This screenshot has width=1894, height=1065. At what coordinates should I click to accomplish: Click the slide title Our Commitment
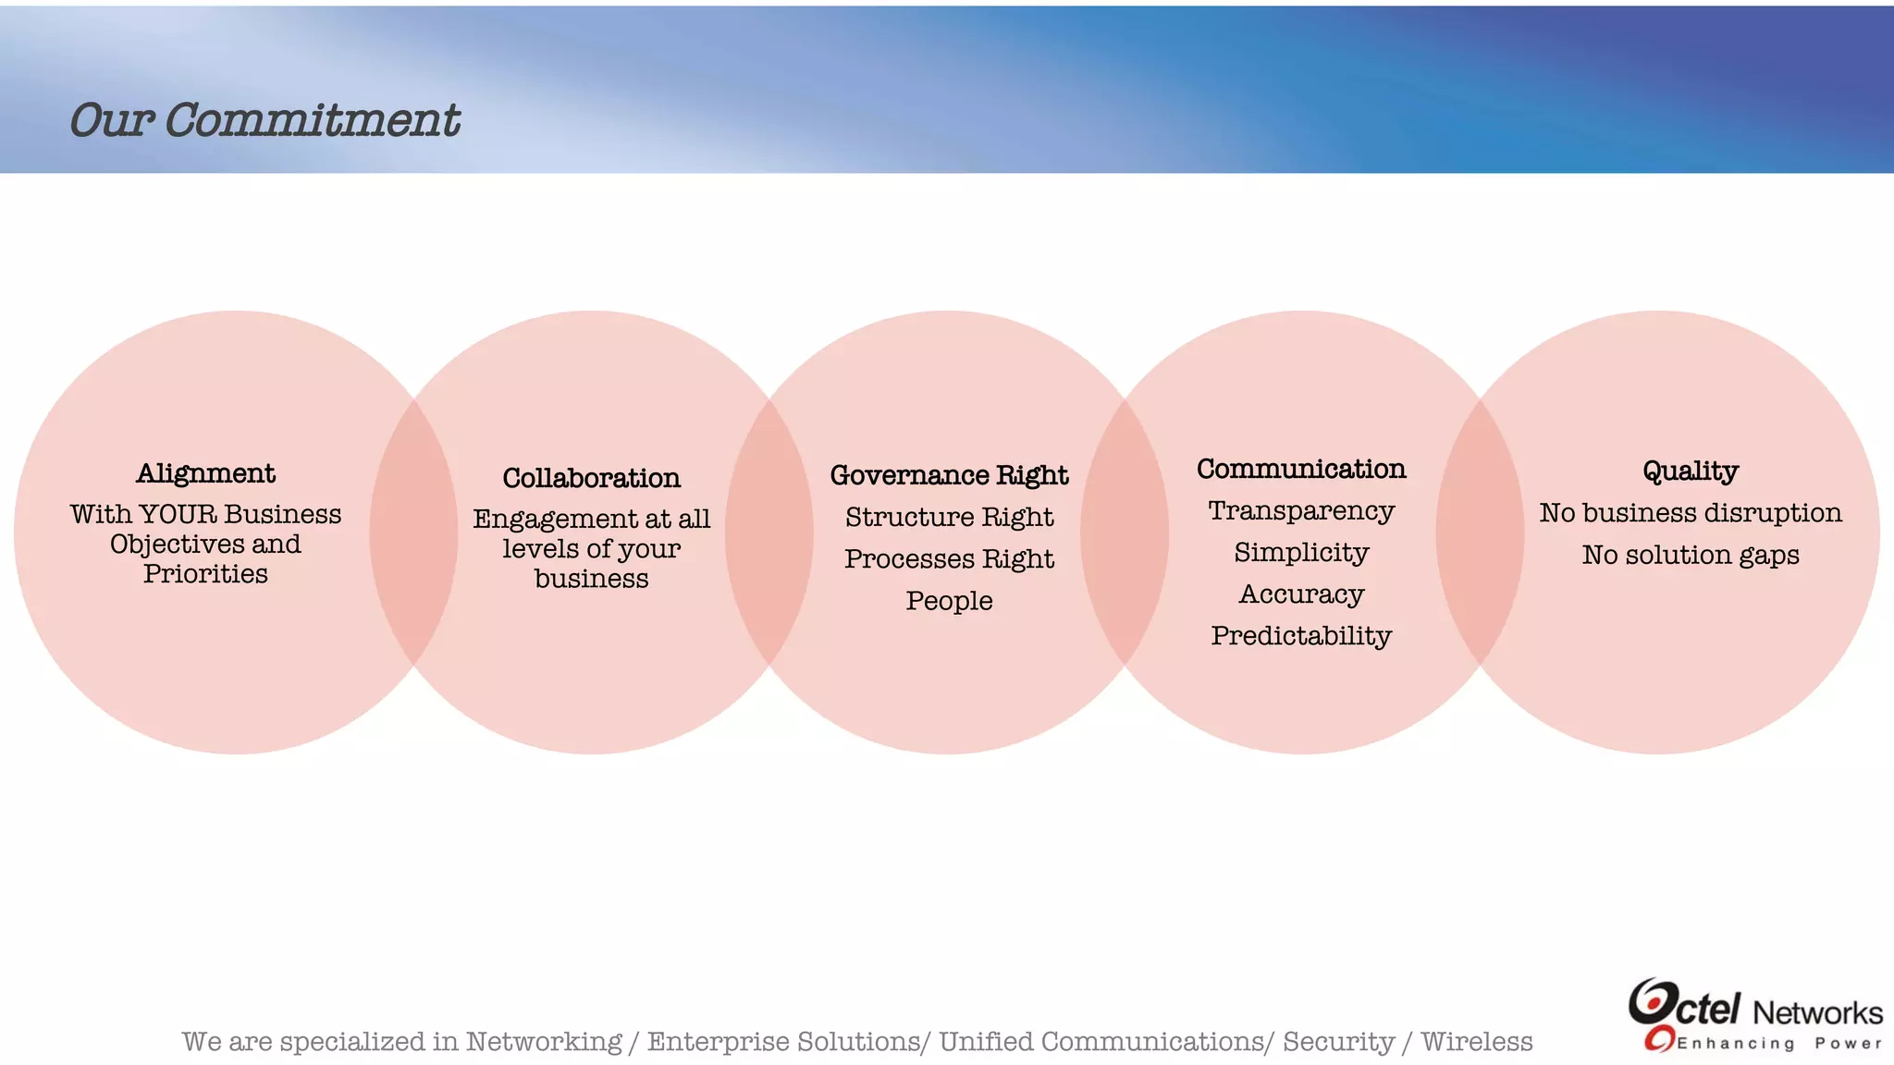coord(264,121)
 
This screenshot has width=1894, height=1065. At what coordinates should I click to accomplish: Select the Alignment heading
coord(205,473)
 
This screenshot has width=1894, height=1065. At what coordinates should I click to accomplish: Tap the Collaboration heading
coord(591,478)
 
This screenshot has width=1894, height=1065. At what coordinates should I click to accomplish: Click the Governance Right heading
coord(949,475)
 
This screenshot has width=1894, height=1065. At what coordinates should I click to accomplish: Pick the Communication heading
coord(1301,469)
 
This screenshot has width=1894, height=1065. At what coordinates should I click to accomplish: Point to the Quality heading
coord(1691,471)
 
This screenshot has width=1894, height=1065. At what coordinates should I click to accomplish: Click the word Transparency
coord(1301,510)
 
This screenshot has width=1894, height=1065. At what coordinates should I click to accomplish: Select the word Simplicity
coord(1301,553)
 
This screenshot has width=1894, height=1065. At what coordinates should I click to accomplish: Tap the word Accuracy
coord(1301,594)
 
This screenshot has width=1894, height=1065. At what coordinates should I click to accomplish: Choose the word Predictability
coord(1301,636)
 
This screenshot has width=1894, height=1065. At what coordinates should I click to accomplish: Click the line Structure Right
coord(949,517)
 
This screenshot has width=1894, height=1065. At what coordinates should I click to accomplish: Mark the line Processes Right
coord(949,559)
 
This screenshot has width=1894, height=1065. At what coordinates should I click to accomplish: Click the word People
coord(949,601)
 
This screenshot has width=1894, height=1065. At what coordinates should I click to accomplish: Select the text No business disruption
coord(1691,513)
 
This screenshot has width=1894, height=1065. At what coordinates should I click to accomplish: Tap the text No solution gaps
coord(1691,555)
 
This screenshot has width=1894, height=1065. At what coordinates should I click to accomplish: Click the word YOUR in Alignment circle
coord(177,514)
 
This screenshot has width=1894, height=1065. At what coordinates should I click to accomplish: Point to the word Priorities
coord(205,574)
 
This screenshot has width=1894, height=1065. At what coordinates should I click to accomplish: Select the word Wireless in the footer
coord(1476,1042)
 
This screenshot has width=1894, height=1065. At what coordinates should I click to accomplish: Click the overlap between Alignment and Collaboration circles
coord(413,532)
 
